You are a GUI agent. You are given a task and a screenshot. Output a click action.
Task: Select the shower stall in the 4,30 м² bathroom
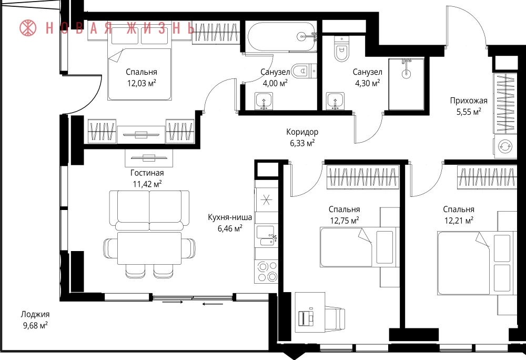(406, 84)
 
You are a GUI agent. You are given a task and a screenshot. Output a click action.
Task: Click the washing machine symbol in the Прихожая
(505, 147)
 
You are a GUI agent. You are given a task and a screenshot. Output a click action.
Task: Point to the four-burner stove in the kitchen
(267, 272)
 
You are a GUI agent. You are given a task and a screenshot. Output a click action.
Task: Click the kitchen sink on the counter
(266, 236)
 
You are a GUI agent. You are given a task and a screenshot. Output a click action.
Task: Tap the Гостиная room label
(147, 173)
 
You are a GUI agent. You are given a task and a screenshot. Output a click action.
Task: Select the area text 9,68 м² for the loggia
(35, 325)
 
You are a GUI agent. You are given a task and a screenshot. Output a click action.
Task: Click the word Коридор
(302, 132)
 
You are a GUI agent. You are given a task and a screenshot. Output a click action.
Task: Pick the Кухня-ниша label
(230, 217)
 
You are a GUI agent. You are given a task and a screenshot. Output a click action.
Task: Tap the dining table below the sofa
(149, 248)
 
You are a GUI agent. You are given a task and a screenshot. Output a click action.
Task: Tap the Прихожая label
(469, 101)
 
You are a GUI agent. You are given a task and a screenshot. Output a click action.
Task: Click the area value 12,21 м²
(459, 221)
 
